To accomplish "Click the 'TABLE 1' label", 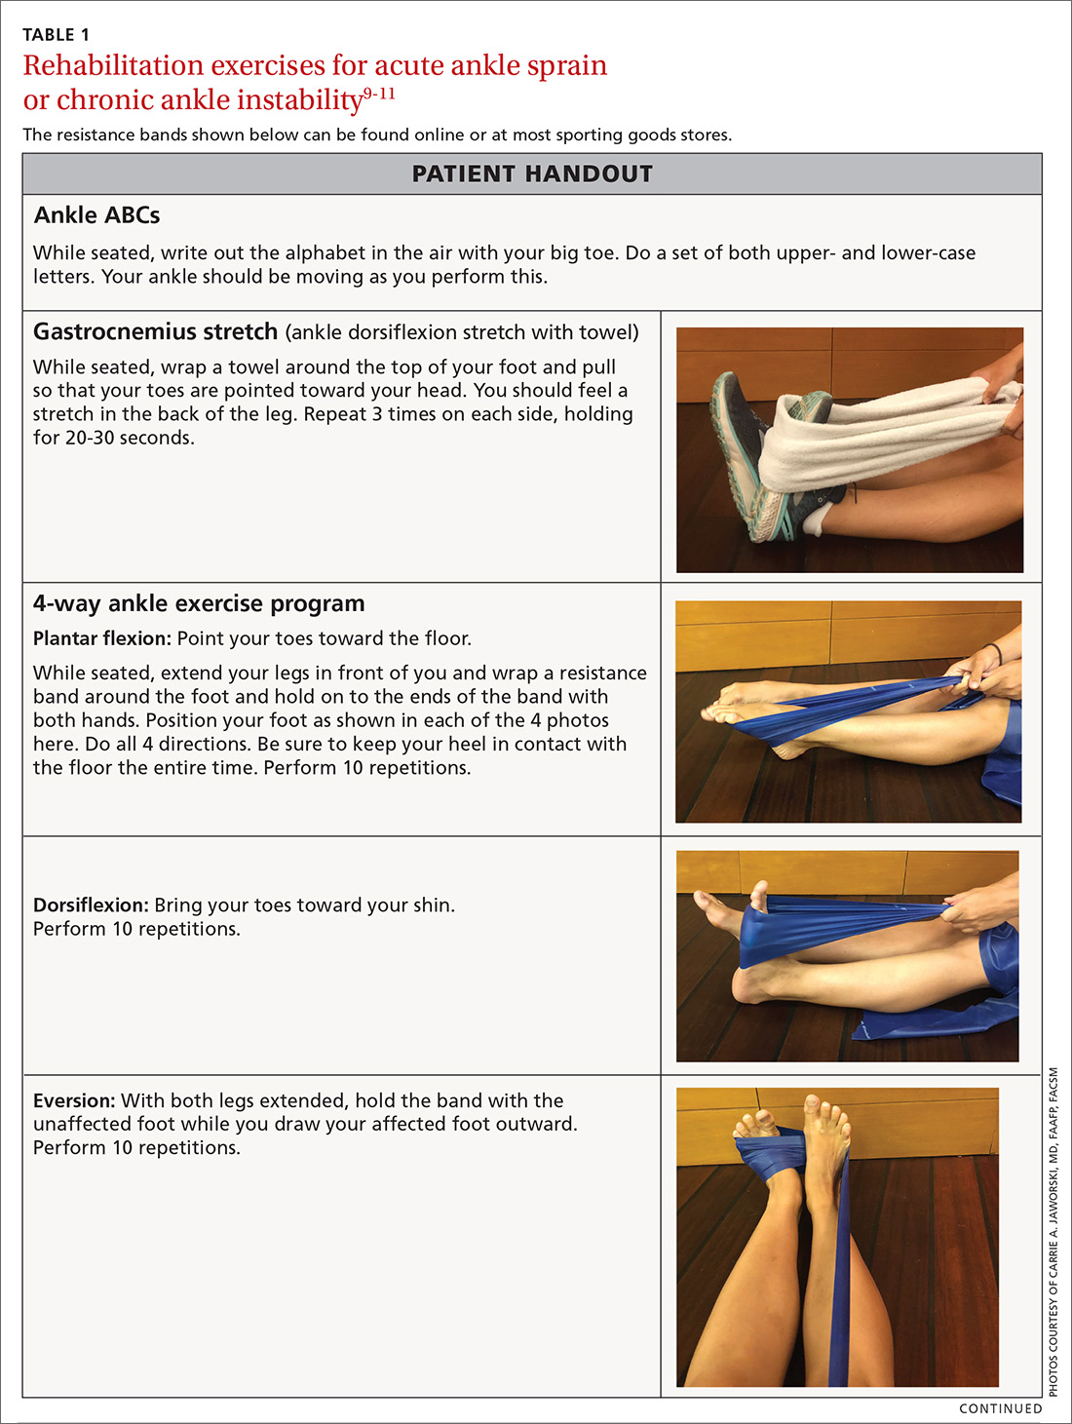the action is pos(56,34).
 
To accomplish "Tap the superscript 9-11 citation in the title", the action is pos(379,95).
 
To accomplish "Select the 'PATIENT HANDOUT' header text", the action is pos(532,173).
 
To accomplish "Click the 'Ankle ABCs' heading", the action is pos(96,215).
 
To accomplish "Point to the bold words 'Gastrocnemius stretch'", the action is pos(156,331).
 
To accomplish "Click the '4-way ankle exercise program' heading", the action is pos(199,603).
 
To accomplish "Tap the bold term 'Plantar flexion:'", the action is pos(102,638).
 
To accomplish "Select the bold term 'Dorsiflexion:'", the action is pos(92,905).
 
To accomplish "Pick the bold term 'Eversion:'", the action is pos(75,1100).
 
